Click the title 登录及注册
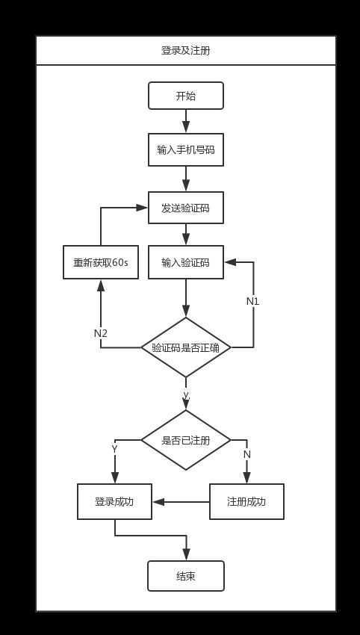point(185,51)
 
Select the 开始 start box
point(186,96)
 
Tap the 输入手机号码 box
point(186,150)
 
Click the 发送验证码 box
point(186,208)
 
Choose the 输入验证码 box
point(186,262)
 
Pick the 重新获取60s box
point(101,262)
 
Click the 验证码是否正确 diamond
point(186,347)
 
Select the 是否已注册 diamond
point(186,440)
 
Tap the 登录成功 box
point(114,502)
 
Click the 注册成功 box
point(246,502)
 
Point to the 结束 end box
point(186,576)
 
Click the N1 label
point(252,302)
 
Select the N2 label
point(101,334)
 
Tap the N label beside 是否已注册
point(247,455)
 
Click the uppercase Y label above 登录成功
point(114,449)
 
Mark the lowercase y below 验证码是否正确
point(186,394)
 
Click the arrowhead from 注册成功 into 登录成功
point(158,502)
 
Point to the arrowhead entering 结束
point(186,554)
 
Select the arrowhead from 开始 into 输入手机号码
point(186,127)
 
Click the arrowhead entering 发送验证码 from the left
point(142,208)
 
